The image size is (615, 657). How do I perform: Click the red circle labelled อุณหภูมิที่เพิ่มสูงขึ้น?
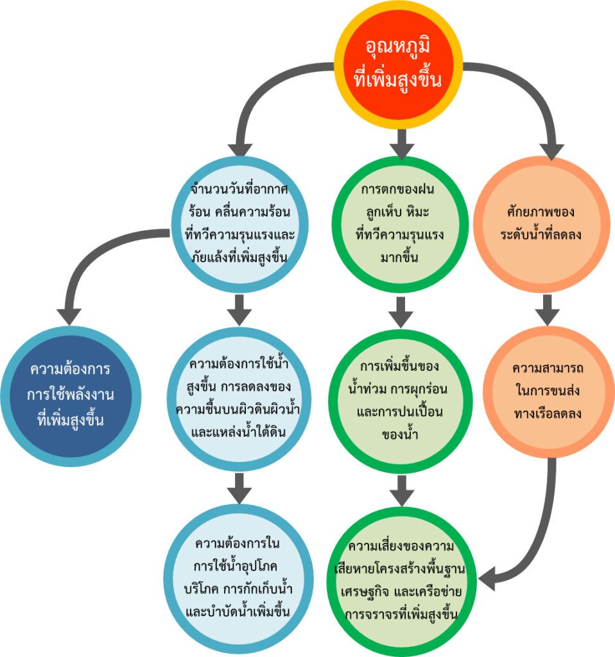pyautogui.click(x=398, y=65)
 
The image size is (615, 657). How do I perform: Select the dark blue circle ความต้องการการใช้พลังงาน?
pyautogui.click(x=71, y=396)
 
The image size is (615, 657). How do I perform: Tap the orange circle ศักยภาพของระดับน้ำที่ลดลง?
pyautogui.click(x=541, y=224)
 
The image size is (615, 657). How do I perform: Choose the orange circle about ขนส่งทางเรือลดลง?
pyautogui.click(x=548, y=392)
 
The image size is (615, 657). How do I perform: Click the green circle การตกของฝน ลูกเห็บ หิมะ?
pyautogui.click(x=399, y=224)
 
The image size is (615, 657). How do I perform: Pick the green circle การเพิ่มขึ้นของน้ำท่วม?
pyautogui.click(x=401, y=402)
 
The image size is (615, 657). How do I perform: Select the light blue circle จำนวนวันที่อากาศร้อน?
pyautogui.click(x=240, y=224)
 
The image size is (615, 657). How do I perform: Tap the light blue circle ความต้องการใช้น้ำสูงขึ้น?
pyautogui.click(x=239, y=399)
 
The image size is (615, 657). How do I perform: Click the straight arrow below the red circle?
pyautogui.click(x=402, y=144)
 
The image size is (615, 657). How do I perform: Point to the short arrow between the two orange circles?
pyautogui.click(x=547, y=310)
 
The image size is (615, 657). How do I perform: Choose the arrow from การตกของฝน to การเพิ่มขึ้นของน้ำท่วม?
pyautogui.click(x=401, y=312)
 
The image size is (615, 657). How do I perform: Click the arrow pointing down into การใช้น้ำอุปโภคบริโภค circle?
pyautogui.click(x=239, y=488)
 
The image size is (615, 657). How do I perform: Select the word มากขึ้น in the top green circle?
pyautogui.click(x=399, y=257)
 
